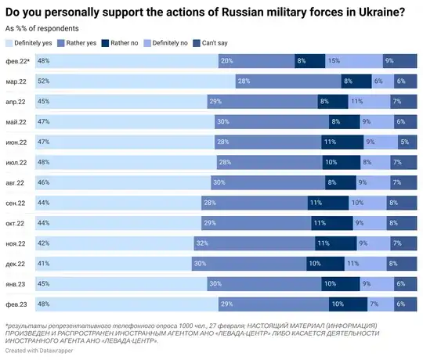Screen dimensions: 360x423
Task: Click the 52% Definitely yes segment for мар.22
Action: click(134, 81)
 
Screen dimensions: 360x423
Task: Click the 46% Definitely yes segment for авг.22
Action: click(121, 182)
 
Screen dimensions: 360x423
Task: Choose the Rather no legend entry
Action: click(128, 41)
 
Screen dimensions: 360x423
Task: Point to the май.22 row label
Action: click(16, 121)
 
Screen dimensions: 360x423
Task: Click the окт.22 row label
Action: click(16, 223)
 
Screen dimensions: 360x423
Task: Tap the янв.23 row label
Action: click(16, 284)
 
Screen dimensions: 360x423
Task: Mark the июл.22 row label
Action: click(16, 162)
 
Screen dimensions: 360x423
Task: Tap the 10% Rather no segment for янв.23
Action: click(341, 284)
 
